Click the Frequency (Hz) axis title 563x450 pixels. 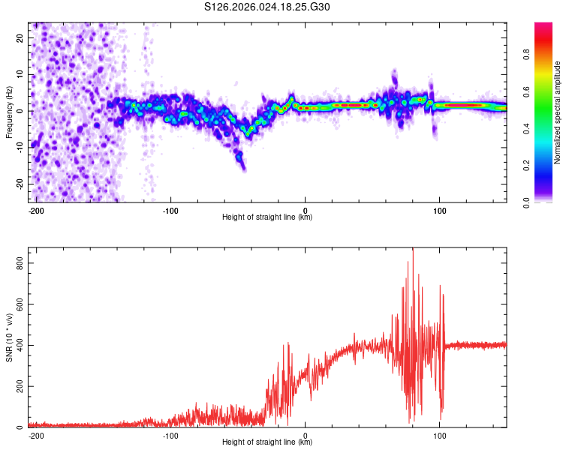[9, 112]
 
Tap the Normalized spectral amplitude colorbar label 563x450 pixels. [558, 112]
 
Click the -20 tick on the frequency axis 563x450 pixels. [20, 184]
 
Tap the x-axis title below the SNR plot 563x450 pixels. [267, 442]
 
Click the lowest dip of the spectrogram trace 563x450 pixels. [243, 169]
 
